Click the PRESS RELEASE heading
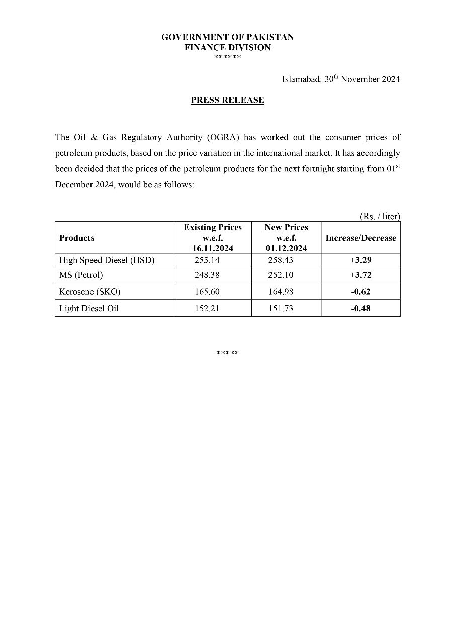pyautogui.click(x=227, y=100)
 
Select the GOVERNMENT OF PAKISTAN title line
pyautogui.click(x=227, y=37)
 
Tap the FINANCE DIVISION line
pyautogui.click(x=227, y=47)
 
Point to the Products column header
pyautogui.click(x=76, y=238)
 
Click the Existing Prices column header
pyautogui.click(x=213, y=238)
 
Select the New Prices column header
pyautogui.click(x=286, y=238)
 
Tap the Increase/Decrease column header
pyautogui.click(x=360, y=238)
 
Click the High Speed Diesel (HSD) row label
pyautogui.click(x=107, y=260)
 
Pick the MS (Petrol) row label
pyautogui.click(x=81, y=275)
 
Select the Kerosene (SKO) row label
pyautogui.click(x=90, y=292)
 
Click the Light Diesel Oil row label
pyautogui.click(x=89, y=308)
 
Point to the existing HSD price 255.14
pyautogui.click(x=207, y=260)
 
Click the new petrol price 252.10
pyautogui.click(x=281, y=275)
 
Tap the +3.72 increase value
pyautogui.click(x=360, y=275)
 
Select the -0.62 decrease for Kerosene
pyautogui.click(x=360, y=292)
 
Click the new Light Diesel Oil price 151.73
pyautogui.click(x=281, y=308)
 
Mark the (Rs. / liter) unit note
pyautogui.click(x=380, y=216)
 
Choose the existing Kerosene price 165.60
pyautogui.click(x=207, y=292)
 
